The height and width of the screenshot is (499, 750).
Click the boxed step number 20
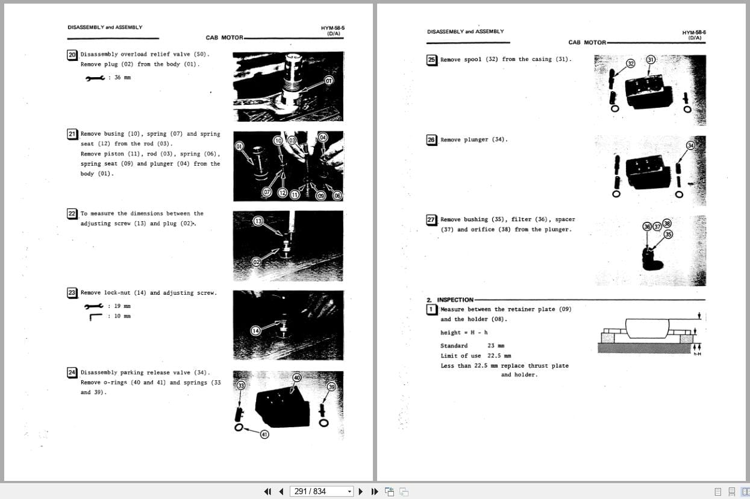click(x=72, y=54)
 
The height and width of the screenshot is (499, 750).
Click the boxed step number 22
click(x=72, y=213)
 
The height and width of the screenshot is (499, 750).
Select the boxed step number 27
click(x=431, y=220)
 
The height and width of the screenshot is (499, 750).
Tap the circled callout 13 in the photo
click(x=258, y=221)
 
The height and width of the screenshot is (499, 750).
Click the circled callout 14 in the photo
click(x=256, y=330)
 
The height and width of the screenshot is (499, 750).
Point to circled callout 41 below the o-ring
click(x=264, y=434)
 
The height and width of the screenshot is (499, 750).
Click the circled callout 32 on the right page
click(x=630, y=63)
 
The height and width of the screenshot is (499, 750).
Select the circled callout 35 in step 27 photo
click(x=667, y=234)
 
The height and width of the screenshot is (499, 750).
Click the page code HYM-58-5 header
click(x=333, y=28)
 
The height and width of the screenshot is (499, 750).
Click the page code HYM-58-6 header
click(x=694, y=33)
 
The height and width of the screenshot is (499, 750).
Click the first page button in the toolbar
click(x=267, y=491)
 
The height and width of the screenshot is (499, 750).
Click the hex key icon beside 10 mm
click(x=95, y=316)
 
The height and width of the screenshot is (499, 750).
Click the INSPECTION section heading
click(x=455, y=300)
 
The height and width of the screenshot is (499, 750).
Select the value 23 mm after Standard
click(x=496, y=346)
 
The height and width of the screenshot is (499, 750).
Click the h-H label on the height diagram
click(x=697, y=354)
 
